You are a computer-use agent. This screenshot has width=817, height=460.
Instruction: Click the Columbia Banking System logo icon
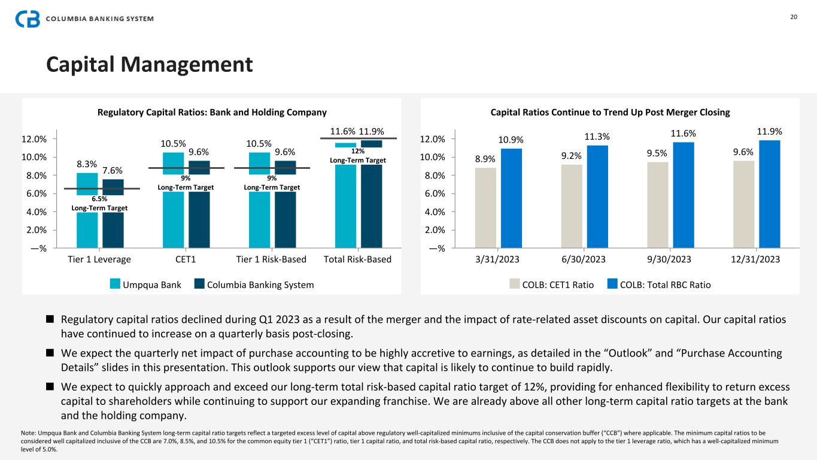point(28,19)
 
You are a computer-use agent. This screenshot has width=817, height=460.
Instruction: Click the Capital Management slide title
point(150,65)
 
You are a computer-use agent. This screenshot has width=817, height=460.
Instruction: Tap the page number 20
point(794,17)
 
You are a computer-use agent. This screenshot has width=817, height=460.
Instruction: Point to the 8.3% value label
point(87,163)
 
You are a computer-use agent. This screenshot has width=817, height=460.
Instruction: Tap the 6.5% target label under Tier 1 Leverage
point(99,199)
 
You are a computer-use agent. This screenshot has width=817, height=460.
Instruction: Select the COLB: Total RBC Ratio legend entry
point(658,285)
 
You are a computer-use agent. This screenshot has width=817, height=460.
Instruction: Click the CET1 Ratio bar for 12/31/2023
point(743,204)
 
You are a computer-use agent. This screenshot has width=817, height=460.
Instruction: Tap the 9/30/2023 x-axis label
point(669,259)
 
